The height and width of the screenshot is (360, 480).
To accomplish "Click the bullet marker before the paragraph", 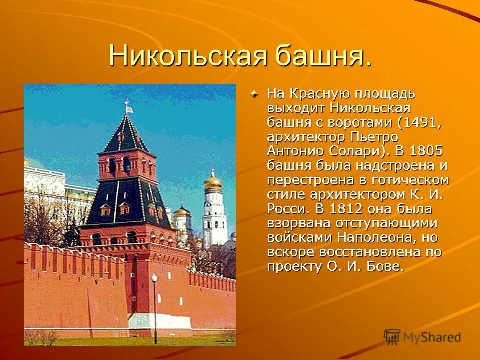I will (255, 93).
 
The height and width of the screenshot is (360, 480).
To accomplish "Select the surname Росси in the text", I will (285, 208).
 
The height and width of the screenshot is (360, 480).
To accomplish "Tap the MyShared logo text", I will (432, 338).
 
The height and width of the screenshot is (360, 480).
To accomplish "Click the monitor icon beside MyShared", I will (392, 337).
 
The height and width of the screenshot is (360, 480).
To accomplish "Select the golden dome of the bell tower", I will (213, 181).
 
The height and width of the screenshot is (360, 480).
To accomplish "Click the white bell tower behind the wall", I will (214, 215).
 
